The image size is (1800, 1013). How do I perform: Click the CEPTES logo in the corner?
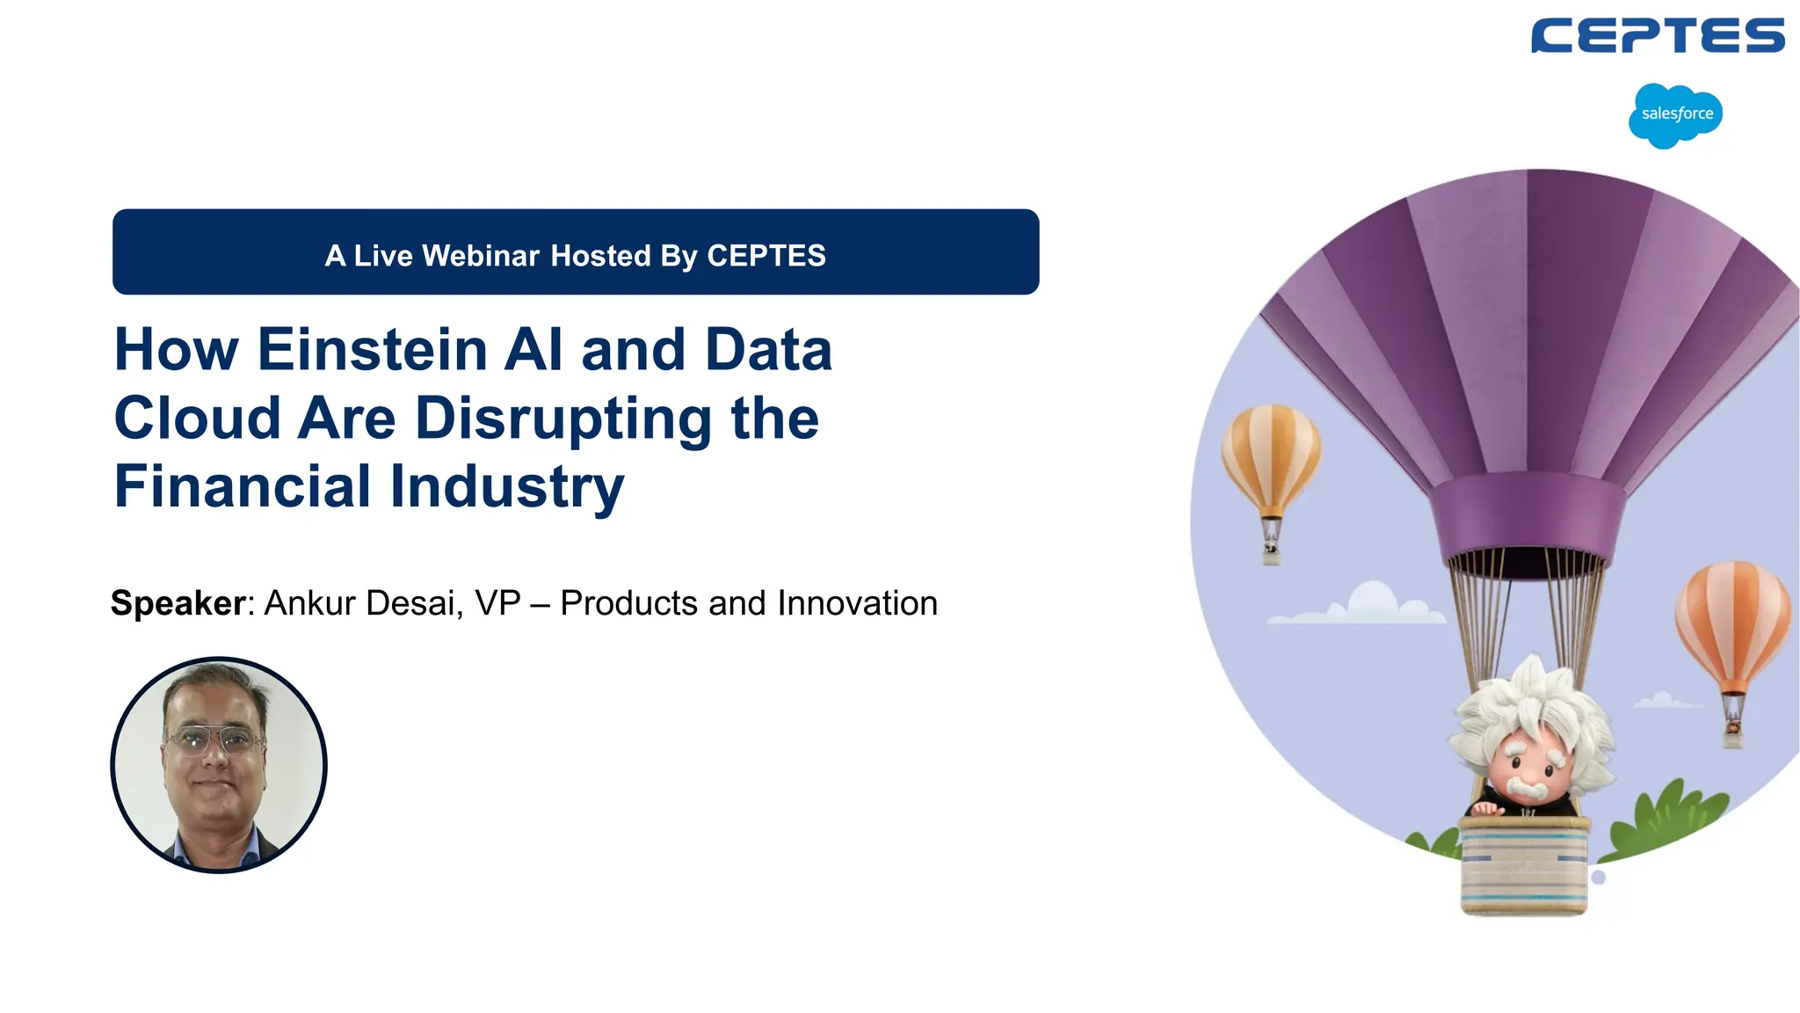[1657, 36]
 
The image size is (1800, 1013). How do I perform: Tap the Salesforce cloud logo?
[1676, 115]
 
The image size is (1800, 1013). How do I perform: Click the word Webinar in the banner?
[482, 256]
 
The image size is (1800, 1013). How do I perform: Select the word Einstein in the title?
[373, 350]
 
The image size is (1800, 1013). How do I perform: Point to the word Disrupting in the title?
[562, 419]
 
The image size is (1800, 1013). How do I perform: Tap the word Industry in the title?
[507, 486]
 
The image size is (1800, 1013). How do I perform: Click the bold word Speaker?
[178, 603]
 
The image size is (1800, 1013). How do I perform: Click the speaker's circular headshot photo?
[219, 765]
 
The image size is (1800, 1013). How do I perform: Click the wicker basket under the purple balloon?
[1524, 866]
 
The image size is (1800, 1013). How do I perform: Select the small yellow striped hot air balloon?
[1271, 462]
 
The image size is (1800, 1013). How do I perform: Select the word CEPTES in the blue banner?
[766, 256]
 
